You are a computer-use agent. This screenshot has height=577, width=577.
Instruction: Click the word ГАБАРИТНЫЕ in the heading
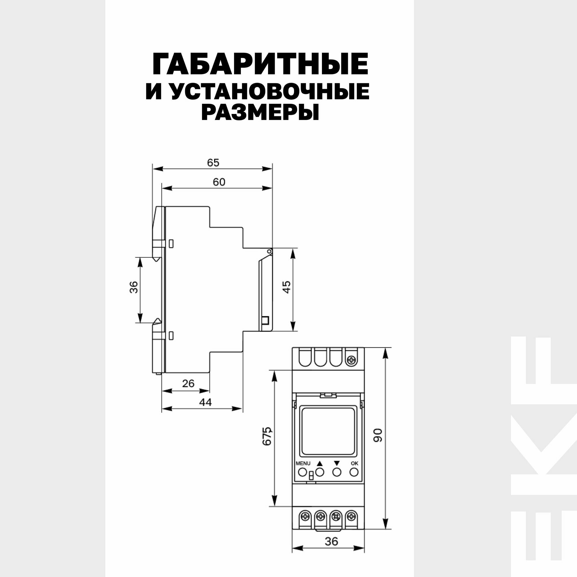pyautogui.click(x=260, y=64)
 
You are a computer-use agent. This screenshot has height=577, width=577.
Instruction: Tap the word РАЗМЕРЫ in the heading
pyautogui.click(x=260, y=113)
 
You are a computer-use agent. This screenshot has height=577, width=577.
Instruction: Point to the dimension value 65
pyautogui.click(x=213, y=163)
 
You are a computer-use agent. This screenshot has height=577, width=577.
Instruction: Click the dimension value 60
pyautogui.click(x=219, y=182)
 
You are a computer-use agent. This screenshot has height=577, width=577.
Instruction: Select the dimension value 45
pyautogui.click(x=286, y=287)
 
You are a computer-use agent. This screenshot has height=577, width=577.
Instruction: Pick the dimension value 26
pyautogui.click(x=188, y=383)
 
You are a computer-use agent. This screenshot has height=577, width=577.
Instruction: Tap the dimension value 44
pyautogui.click(x=205, y=402)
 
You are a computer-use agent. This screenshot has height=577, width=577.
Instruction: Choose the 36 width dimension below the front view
pyautogui.click(x=331, y=533)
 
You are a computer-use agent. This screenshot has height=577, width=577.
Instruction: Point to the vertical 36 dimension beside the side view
pyautogui.click(x=134, y=287)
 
